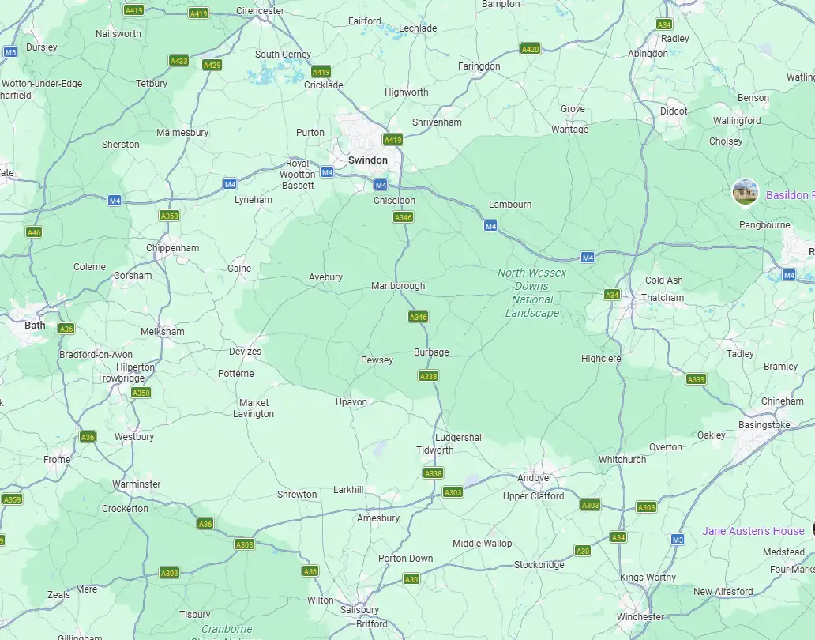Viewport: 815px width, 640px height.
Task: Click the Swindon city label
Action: (x=368, y=160)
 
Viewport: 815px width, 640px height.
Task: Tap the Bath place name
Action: (x=35, y=325)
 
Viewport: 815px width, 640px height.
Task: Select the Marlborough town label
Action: (x=398, y=286)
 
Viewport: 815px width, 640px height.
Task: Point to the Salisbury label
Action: (x=359, y=610)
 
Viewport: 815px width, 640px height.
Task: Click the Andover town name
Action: (x=535, y=478)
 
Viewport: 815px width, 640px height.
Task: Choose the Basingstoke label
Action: (x=764, y=425)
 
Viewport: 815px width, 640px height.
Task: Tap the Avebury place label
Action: (x=325, y=277)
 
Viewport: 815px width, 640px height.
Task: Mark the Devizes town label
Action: (x=245, y=352)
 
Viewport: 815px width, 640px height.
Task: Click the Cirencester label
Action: (x=261, y=12)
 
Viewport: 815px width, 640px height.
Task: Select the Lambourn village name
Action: (x=510, y=205)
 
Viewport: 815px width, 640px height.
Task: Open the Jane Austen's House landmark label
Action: (x=753, y=531)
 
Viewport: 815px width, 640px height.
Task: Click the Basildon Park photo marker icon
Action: (x=746, y=192)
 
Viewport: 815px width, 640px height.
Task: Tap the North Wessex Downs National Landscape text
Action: (x=532, y=292)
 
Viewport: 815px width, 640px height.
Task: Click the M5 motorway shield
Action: (x=10, y=52)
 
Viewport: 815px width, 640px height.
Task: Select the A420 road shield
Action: (x=531, y=49)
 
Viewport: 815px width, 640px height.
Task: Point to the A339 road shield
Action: (x=696, y=379)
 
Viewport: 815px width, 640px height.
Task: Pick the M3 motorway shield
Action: (x=677, y=540)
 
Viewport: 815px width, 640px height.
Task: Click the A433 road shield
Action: (x=179, y=61)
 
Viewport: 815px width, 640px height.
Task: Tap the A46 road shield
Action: (x=34, y=232)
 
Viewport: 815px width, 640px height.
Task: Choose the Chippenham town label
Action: (x=173, y=248)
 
